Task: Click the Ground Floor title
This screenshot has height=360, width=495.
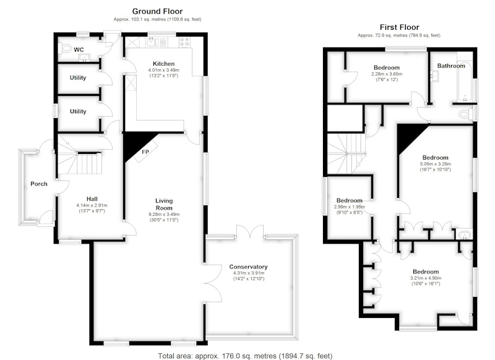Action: [x=157, y=11]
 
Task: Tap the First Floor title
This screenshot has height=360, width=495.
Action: [x=399, y=27]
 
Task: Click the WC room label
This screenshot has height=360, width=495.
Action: [x=79, y=49]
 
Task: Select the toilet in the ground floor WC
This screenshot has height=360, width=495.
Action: [x=66, y=49]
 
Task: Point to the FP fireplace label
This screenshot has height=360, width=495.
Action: [x=145, y=152]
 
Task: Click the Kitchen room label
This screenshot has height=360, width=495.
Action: [x=163, y=64]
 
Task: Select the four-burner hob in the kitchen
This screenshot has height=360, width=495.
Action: [x=184, y=42]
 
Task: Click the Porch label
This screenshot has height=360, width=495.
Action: [x=39, y=184]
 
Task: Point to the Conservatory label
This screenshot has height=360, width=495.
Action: [x=249, y=267]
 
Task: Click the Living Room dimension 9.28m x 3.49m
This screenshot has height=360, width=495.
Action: [x=164, y=214]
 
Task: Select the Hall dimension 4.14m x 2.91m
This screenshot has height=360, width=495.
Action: [x=92, y=205]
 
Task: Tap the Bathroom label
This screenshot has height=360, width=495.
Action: [x=451, y=66]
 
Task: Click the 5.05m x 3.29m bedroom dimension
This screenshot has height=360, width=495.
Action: [x=436, y=164]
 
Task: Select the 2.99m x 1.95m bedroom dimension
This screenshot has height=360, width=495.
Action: [x=349, y=207]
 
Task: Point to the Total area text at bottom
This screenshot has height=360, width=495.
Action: [x=245, y=356]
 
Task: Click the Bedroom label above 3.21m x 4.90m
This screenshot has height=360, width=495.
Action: [x=426, y=272]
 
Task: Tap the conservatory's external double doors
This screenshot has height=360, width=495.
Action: [x=250, y=231]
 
